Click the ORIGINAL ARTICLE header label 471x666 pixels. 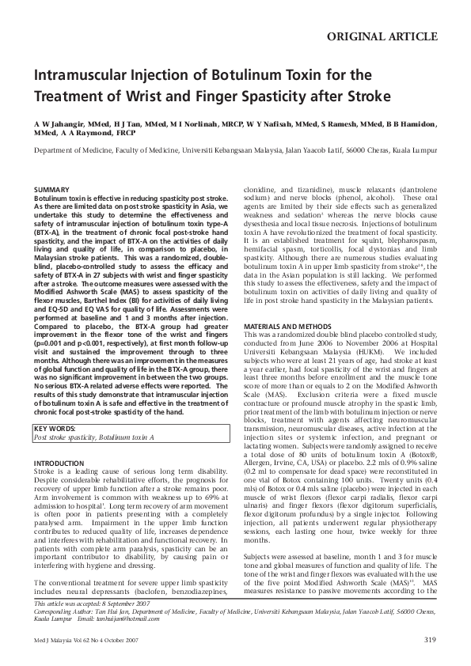coord(388,36)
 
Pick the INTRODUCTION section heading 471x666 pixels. coord(63,463)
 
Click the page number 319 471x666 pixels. coord(430,639)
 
